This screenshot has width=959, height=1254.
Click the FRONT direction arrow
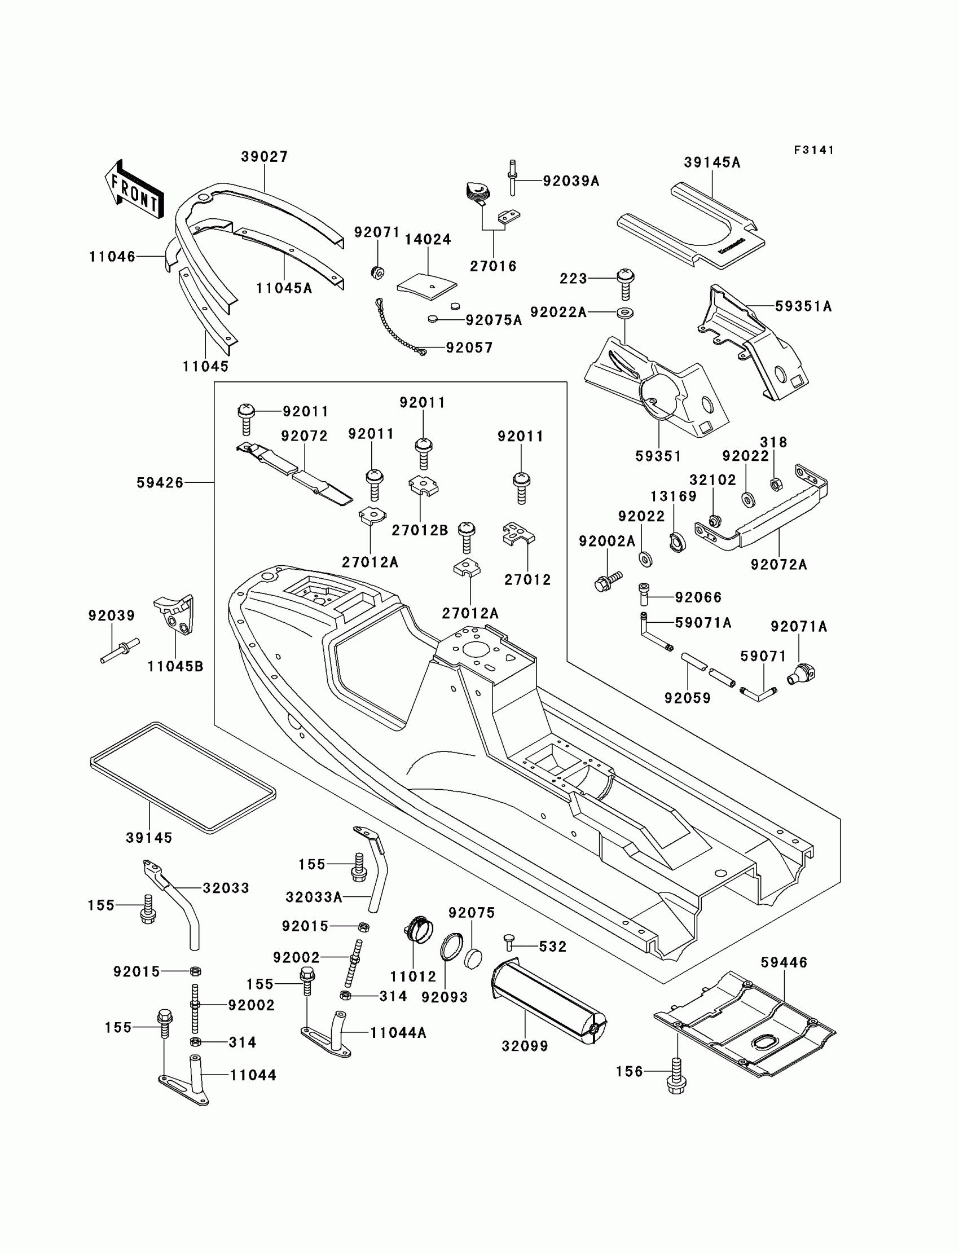(135, 190)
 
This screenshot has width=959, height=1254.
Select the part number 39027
(265, 156)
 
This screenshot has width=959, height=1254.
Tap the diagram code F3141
(814, 150)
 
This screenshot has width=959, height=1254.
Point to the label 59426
(160, 483)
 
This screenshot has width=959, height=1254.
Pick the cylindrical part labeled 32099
(548, 997)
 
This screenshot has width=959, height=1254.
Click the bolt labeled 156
(676, 1075)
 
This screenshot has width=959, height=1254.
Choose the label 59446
(784, 962)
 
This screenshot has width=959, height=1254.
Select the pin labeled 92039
(120, 650)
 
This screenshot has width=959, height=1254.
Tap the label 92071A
(799, 627)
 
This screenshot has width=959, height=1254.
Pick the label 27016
(493, 267)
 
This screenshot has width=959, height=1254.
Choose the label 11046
(112, 257)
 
